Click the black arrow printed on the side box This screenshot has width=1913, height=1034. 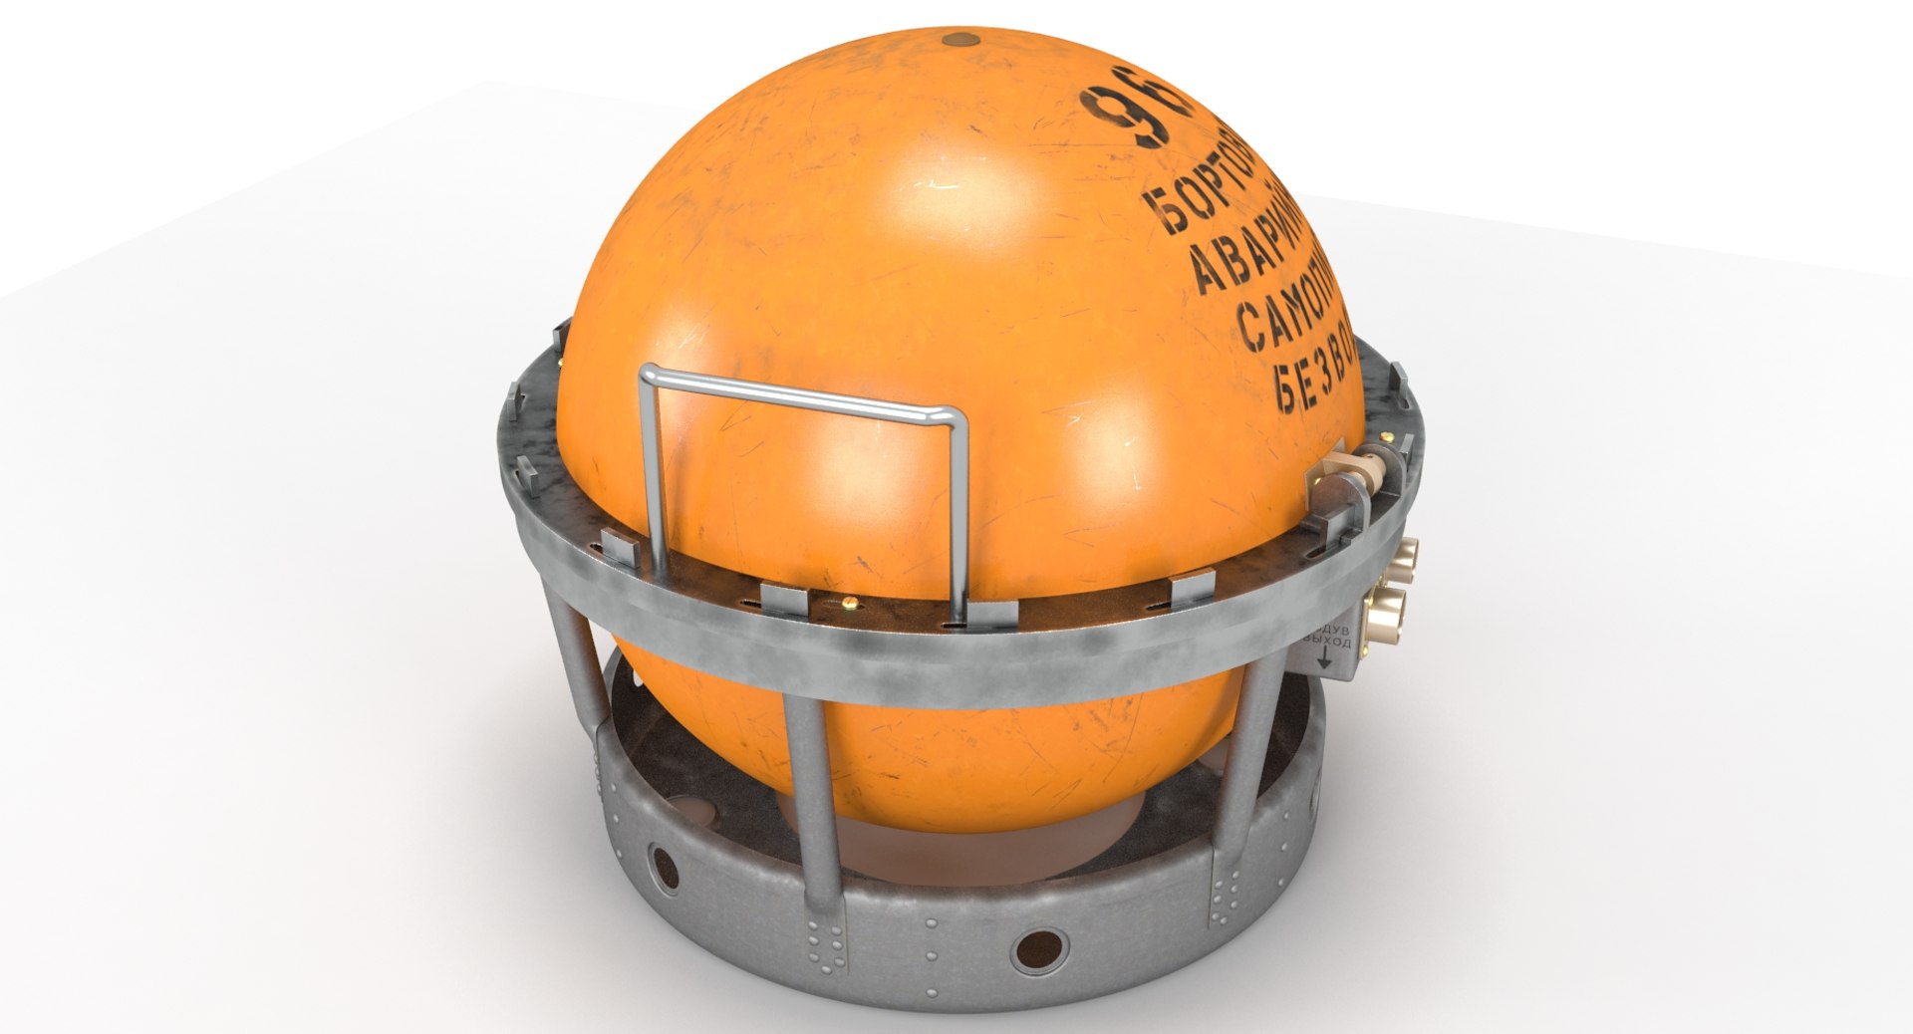(1326, 657)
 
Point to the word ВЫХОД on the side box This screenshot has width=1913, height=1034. (1331, 645)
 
